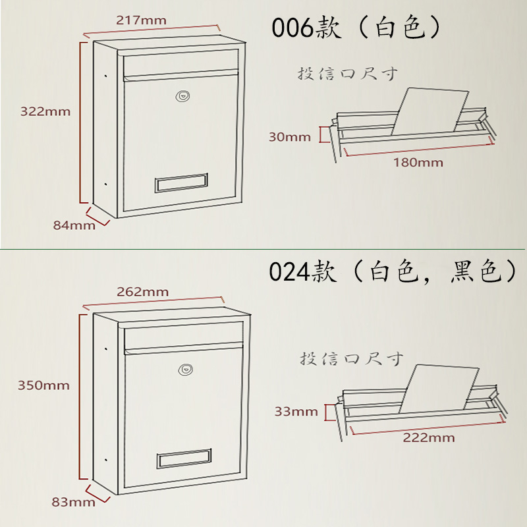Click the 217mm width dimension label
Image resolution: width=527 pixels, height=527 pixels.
coord(141,20)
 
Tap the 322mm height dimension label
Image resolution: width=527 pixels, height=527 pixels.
coord(45,111)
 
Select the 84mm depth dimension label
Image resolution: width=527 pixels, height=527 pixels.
coord(74,225)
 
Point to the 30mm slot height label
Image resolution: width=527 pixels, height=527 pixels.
coord(289,137)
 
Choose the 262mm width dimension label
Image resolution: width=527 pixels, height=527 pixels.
coord(142,291)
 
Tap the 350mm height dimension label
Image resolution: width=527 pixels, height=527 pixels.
coord(45,385)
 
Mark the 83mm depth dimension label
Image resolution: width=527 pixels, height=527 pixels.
coord(73,503)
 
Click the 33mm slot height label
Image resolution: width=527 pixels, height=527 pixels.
coord(296,412)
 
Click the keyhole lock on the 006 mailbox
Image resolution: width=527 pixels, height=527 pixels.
coord(181,96)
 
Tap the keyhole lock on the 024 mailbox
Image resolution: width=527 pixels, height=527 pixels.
coord(186,370)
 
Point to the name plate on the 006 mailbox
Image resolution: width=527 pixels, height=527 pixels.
coord(181,182)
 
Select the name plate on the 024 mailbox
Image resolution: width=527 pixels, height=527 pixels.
coord(184,458)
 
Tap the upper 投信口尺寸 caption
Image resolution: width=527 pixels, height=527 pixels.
coord(348,73)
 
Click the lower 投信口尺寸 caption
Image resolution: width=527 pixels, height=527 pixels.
coord(351,359)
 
